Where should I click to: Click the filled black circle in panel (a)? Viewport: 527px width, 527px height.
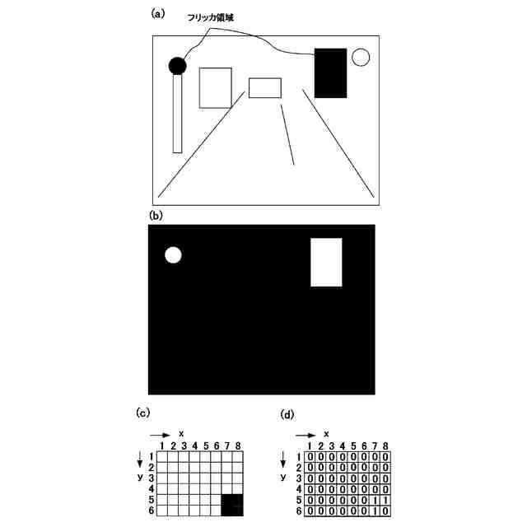tap(177, 65)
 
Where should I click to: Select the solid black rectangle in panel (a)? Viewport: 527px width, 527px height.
tap(331, 72)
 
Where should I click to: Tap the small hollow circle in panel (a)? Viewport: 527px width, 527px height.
tap(361, 57)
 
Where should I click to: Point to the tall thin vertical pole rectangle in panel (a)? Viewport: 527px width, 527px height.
tap(177, 113)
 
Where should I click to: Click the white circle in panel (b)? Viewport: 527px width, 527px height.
tap(173, 255)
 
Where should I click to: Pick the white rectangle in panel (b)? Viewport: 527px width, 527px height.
tap(326, 262)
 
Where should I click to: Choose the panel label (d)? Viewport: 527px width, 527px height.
tap(287, 414)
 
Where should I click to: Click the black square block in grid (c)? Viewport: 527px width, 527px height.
tap(232, 504)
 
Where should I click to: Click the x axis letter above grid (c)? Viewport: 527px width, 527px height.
tap(180, 431)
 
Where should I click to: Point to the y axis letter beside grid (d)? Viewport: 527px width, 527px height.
tap(282, 477)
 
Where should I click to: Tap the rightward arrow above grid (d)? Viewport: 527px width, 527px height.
tap(307, 434)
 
